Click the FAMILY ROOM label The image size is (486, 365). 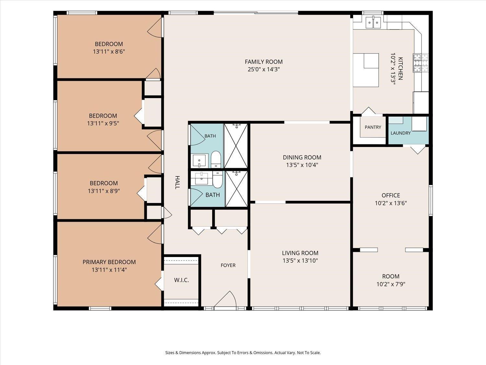tap(263, 62)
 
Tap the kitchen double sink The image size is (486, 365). tap(373, 22)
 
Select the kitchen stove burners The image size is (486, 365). tap(421, 63)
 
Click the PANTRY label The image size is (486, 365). tap(373, 127)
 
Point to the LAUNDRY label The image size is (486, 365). tap(400, 133)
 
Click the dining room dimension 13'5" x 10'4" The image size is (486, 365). tap(302, 165)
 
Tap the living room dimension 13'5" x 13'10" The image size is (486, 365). tap(300, 261)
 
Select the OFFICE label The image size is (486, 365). tap(391, 195)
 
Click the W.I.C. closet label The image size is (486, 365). tap(181, 280)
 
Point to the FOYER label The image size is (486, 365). tap(228, 265)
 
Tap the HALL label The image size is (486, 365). tap(177, 182)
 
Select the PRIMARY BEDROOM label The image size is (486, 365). tap(109, 262)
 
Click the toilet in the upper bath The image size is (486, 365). tap(216, 159)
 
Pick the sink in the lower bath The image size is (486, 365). tap(202, 178)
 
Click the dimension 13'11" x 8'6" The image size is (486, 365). tap(109, 52)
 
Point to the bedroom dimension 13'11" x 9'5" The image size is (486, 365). tap(103, 123)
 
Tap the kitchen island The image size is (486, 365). tap(366, 70)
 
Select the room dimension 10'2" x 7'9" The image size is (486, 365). tap(391, 284)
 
